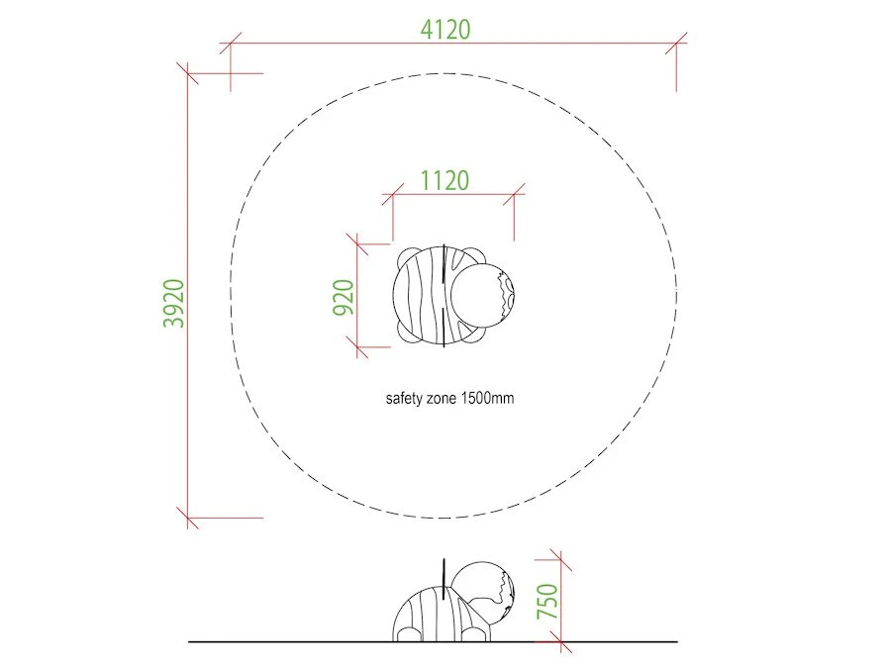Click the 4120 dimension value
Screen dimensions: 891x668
(x=445, y=30)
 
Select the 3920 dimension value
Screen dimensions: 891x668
(x=174, y=304)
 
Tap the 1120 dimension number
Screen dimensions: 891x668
(x=445, y=181)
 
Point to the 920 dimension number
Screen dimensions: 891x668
(x=344, y=297)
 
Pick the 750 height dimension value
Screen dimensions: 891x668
(x=547, y=601)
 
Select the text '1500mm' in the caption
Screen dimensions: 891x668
(x=487, y=398)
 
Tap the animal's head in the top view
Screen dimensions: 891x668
(x=482, y=295)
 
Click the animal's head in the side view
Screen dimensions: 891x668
(x=483, y=591)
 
